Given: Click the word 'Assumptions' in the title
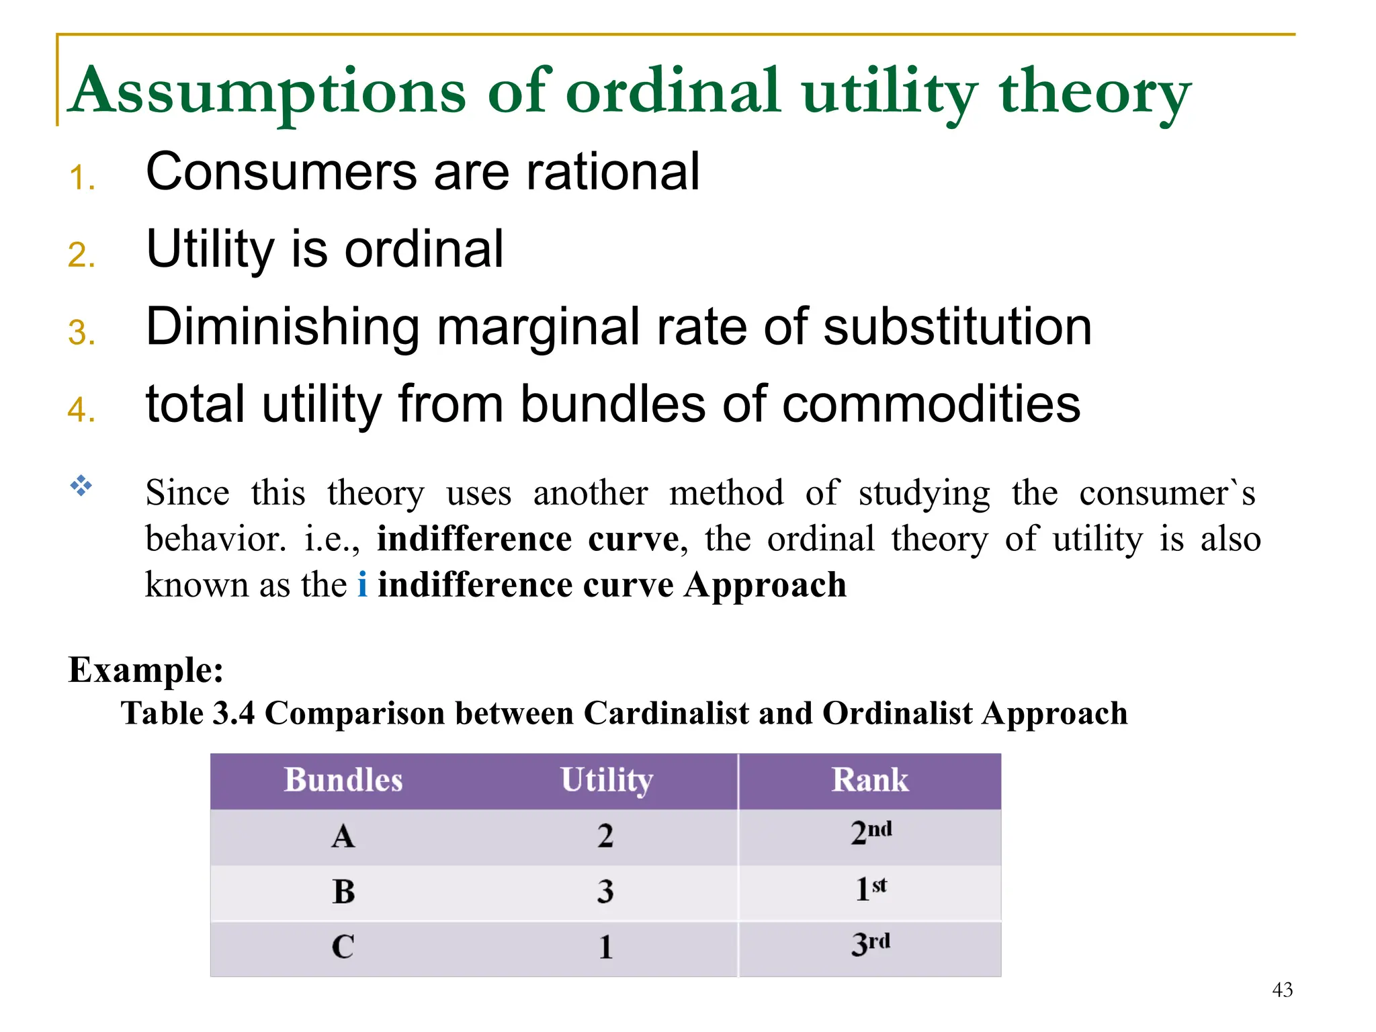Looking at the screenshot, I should [269, 92].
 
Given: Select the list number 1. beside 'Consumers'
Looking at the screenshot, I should [81, 178].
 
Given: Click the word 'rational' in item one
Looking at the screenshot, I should [613, 171].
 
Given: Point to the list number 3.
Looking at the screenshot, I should [81, 333].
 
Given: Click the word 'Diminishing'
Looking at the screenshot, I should [282, 327].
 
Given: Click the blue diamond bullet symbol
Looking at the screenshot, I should [81, 485].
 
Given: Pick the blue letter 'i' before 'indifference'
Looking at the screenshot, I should [362, 585].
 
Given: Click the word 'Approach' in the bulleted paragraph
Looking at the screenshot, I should [765, 586].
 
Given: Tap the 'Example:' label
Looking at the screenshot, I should [146, 670].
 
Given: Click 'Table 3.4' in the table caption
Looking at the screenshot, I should [188, 713].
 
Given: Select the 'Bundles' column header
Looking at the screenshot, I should [343, 781].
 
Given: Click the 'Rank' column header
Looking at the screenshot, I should [870, 781].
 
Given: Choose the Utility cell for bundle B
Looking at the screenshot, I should [605, 892].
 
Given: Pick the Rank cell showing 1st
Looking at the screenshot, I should [870, 890].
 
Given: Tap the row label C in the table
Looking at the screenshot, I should [343, 947].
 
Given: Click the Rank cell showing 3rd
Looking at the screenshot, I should [870, 945].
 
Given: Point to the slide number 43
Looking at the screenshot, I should [1282, 990].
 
